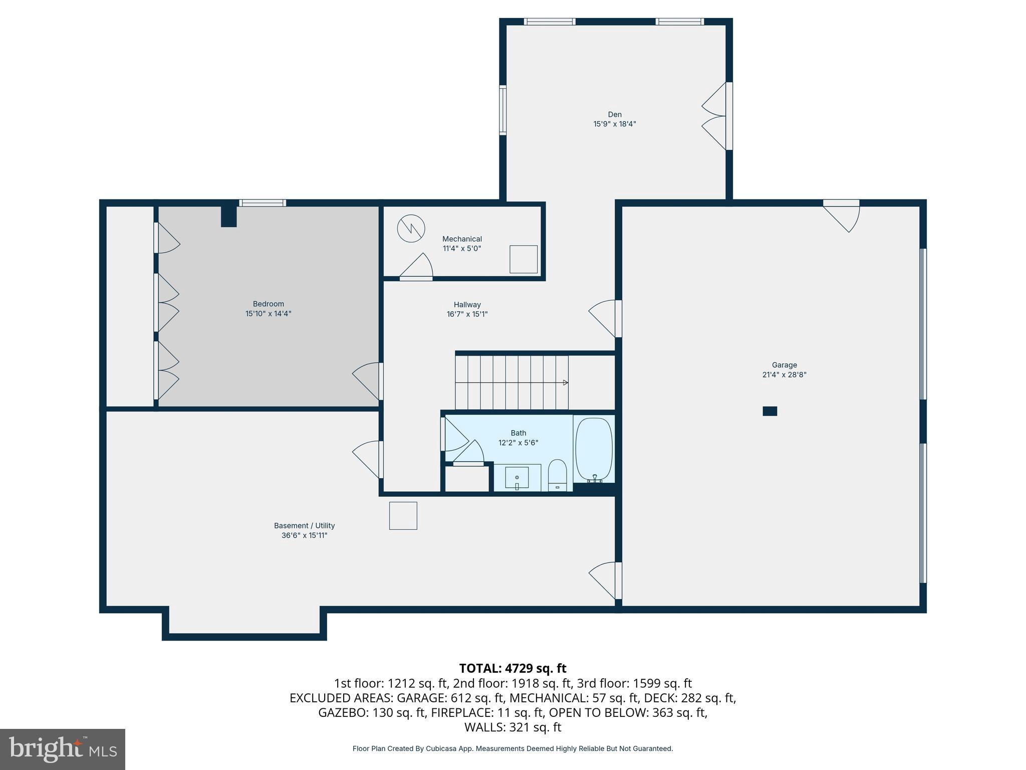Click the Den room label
(x=615, y=114)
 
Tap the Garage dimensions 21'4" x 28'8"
(x=784, y=374)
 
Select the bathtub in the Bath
(x=594, y=450)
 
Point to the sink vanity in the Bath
(x=517, y=477)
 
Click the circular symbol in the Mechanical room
(x=411, y=229)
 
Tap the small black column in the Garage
(x=769, y=411)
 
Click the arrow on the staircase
(x=565, y=382)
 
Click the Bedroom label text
(x=268, y=304)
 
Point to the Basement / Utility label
(x=304, y=525)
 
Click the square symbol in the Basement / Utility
(x=403, y=515)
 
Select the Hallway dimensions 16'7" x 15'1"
(x=467, y=314)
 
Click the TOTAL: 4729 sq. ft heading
(x=512, y=668)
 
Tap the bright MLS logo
(x=63, y=749)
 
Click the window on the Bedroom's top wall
(x=263, y=203)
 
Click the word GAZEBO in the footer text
(x=343, y=712)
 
